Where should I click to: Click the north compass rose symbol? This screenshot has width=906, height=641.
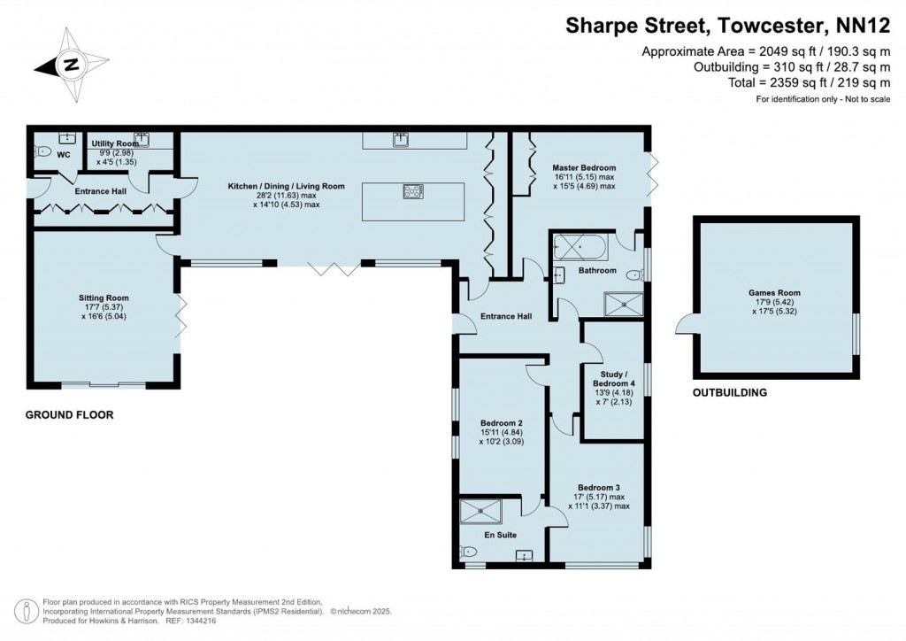click(x=70, y=64)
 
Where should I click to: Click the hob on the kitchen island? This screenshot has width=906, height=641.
click(x=413, y=190)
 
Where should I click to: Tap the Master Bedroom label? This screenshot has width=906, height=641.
click(x=584, y=167)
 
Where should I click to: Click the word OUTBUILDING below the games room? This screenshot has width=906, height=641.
click(x=729, y=392)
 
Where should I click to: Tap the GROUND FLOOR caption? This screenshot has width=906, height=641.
click(x=69, y=414)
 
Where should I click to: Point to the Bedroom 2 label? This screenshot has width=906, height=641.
click(x=502, y=422)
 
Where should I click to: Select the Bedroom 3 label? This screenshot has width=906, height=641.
click(x=599, y=488)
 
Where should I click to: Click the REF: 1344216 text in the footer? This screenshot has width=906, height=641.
click(x=190, y=622)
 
